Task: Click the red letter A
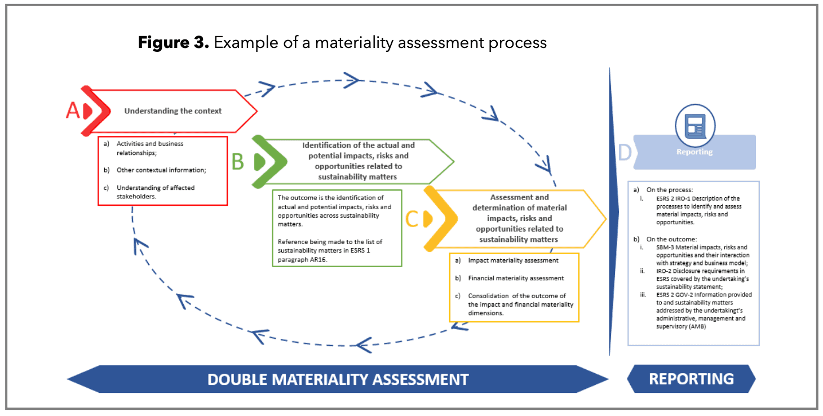tap(73, 111)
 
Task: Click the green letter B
tap(238, 162)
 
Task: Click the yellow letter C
tap(412, 219)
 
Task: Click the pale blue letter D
tap(625, 152)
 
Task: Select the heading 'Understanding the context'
tap(173, 111)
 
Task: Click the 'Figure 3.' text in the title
tap(174, 43)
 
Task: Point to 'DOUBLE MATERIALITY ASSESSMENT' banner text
tap(338, 379)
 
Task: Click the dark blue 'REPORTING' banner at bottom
tap(691, 378)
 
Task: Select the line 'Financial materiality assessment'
tap(516, 278)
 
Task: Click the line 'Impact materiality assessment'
tap(513, 260)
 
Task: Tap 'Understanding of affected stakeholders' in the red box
tap(156, 192)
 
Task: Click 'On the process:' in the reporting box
tap(670, 190)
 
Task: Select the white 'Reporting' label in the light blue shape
tap(694, 152)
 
